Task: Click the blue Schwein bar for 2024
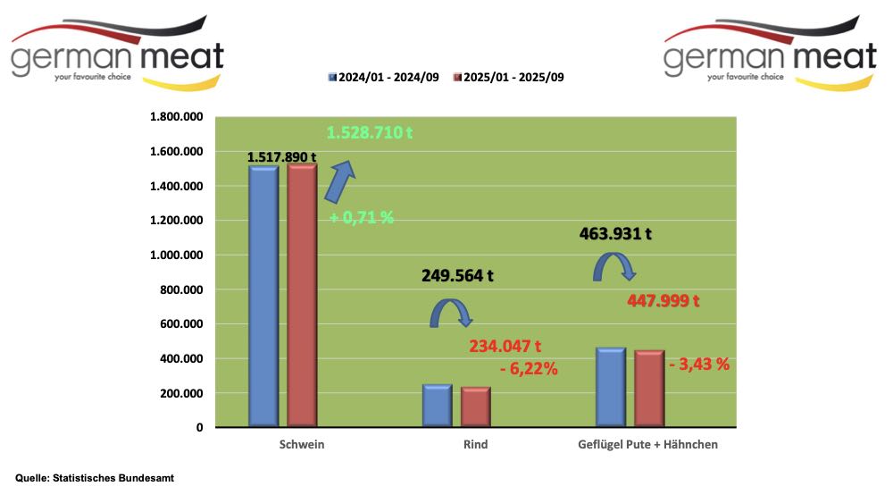pyautogui.click(x=263, y=295)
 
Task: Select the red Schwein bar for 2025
pyautogui.click(x=302, y=295)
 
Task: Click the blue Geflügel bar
pyautogui.click(x=610, y=387)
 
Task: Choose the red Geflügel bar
pyautogui.click(x=649, y=389)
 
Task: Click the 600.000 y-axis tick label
pyautogui.click(x=180, y=324)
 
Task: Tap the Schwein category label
pyautogui.click(x=302, y=444)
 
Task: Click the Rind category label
pyautogui.click(x=476, y=444)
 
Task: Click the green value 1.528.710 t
pyautogui.click(x=370, y=133)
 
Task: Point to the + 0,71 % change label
pyautogui.click(x=361, y=217)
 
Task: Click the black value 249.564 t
pyautogui.click(x=457, y=276)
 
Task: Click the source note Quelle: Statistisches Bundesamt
pyautogui.click(x=95, y=478)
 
